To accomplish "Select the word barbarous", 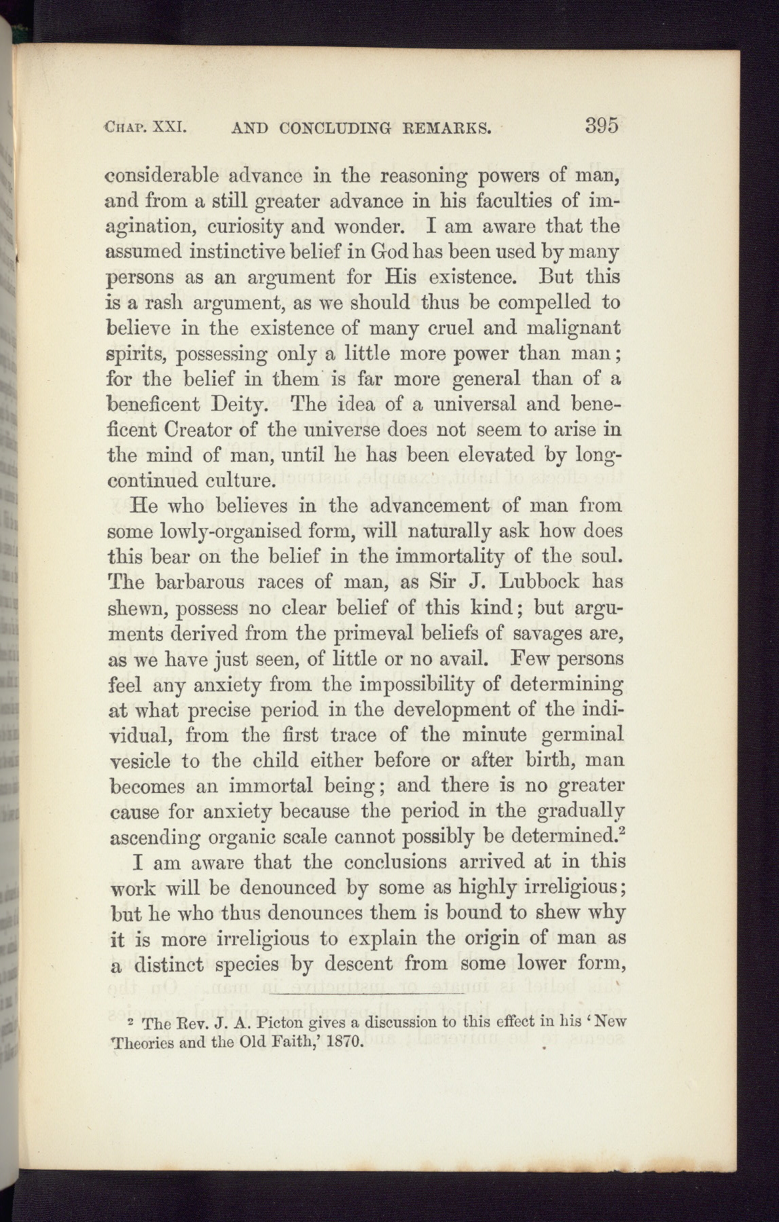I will click(204, 582).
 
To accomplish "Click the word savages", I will click(550, 633).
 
